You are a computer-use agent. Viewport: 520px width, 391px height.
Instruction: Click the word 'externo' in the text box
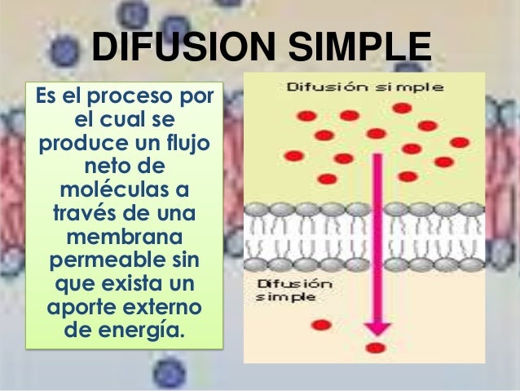click(x=162, y=310)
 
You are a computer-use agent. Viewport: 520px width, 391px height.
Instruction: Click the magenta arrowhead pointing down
click(x=376, y=327)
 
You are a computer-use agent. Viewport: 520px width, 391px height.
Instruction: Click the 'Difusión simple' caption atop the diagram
click(x=363, y=87)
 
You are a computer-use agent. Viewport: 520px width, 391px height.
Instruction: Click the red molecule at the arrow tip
click(x=375, y=349)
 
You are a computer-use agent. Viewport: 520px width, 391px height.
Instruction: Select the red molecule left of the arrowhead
click(x=319, y=326)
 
